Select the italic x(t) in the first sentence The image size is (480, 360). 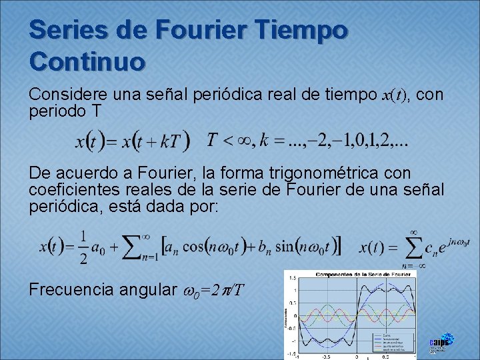[399, 96]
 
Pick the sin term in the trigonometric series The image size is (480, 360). [293, 246]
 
